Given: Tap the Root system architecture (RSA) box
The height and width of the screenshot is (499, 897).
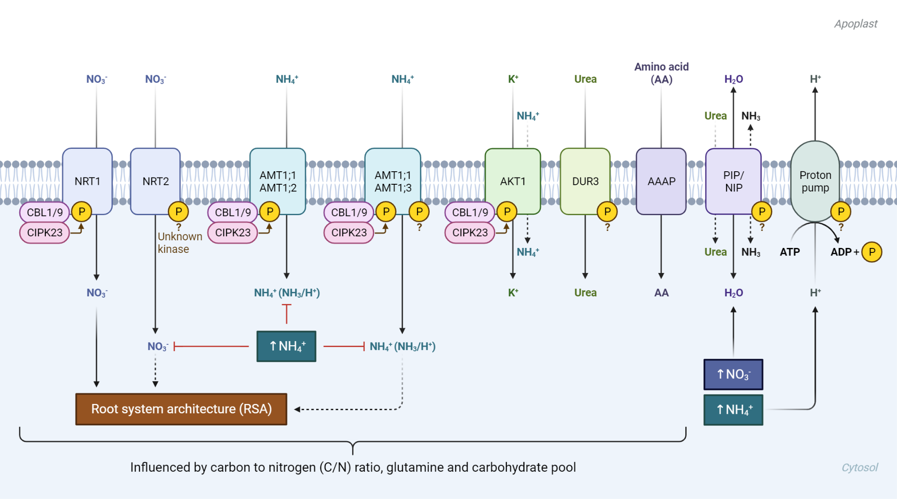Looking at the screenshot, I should tap(181, 409).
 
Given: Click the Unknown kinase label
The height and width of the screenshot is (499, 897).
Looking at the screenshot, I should tap(179, 243).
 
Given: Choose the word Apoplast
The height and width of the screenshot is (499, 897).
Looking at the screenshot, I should tap(855, 24).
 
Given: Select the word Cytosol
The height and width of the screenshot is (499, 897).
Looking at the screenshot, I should tap(859, 468).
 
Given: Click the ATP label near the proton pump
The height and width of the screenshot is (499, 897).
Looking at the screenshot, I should tap(789, 252).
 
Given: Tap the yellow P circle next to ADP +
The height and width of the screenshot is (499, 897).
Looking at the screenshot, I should tap(872, 252).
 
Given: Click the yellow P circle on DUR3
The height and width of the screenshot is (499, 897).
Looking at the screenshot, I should tap(607, 212).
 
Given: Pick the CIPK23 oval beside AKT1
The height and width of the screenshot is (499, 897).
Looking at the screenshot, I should tap(470, 233).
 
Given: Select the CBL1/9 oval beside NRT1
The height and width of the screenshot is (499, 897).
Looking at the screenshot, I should tap(44, 213).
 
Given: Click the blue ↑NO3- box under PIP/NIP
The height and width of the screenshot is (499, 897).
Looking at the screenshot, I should tap(733, 374).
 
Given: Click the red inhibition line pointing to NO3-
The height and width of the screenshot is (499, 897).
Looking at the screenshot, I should tap(211, 346).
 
